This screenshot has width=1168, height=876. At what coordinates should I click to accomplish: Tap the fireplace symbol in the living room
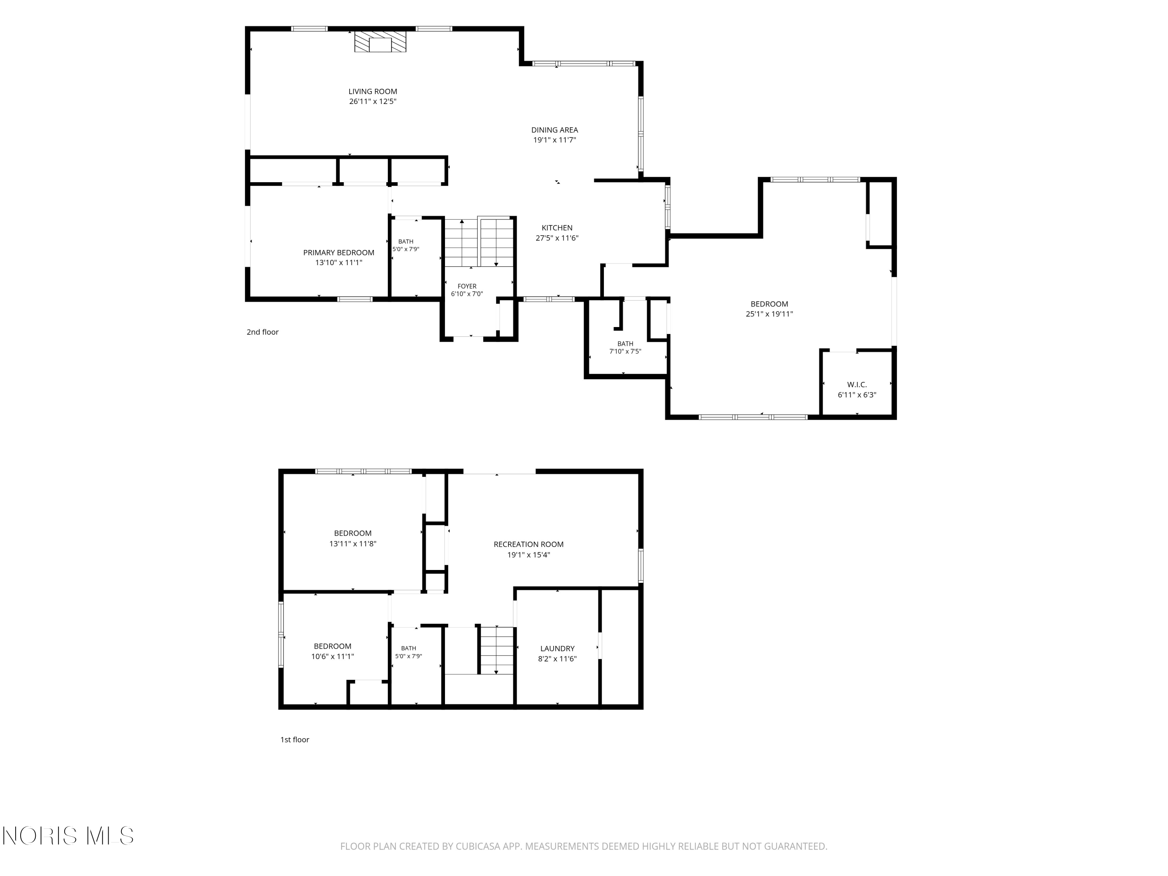pos(380,42)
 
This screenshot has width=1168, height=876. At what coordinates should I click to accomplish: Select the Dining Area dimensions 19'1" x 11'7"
pos(554,140)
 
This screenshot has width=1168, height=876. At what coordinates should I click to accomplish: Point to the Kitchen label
pos(557,228)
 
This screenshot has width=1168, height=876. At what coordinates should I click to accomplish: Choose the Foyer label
pos(467,286)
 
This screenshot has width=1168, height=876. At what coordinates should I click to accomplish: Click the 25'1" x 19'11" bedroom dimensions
pos(769,314)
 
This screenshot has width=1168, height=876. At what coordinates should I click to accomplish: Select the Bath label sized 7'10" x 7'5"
pos(625,344)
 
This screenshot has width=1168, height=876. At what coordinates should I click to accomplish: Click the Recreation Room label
pos(529,544)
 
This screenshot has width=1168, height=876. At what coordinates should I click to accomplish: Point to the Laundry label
pos(557,648)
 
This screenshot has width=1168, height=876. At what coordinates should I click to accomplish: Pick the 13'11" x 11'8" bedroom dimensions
pos(353,544)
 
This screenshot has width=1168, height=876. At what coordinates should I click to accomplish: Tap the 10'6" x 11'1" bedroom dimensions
pos(332,656)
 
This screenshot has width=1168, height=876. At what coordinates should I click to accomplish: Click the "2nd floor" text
pos(262,332)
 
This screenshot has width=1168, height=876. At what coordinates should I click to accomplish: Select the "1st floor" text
pos(295,740)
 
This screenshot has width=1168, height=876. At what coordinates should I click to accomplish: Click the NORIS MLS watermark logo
pos(68,836)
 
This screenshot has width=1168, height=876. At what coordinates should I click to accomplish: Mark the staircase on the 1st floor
pos(496,651)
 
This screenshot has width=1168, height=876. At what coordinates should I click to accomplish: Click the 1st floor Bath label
pos(409,648)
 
